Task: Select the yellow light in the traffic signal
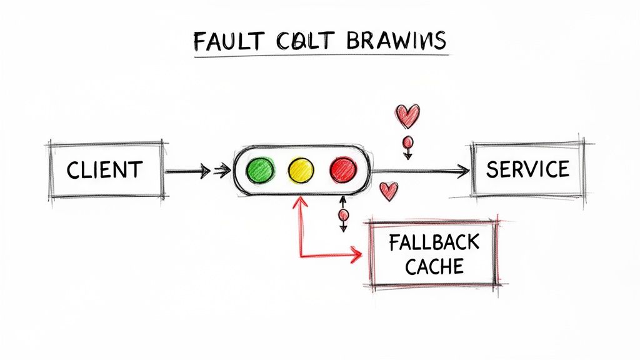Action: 301,169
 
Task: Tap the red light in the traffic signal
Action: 342,169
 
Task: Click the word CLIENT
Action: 104,169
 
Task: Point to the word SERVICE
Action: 527,169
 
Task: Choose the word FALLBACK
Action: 434,242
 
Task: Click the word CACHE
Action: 434,267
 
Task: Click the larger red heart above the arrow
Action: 407,116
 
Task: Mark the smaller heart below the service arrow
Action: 389,190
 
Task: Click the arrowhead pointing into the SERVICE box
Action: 463,170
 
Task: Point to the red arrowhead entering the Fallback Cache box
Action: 357,255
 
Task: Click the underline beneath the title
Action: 320,56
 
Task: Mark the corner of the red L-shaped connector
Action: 301,255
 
